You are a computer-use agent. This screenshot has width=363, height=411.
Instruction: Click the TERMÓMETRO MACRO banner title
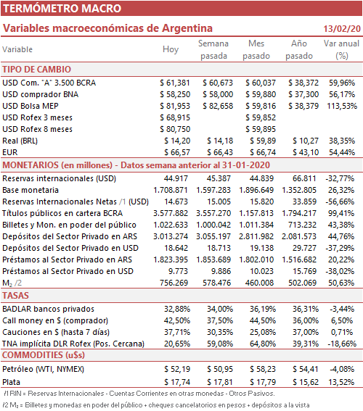[62, 9]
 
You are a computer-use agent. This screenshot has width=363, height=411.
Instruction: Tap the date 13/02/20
[342, 28]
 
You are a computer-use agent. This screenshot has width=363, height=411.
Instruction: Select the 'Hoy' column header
[171, 49]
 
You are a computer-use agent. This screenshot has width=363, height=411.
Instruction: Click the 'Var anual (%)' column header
[341, 49]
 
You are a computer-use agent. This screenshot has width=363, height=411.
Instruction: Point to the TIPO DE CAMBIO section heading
[37, 70]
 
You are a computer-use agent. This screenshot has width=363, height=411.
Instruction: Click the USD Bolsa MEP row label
[30, 106]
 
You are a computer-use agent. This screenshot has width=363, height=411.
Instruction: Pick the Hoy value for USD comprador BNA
[175, 94]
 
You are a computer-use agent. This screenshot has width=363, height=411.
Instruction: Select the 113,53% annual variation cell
[342, 106]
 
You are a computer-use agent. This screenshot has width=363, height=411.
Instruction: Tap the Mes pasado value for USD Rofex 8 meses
[261, 129]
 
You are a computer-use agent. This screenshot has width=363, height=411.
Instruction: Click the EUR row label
[10, 152]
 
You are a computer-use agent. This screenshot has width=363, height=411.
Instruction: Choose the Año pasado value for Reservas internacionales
[304, 178]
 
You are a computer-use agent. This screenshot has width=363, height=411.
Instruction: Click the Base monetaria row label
[30, 190]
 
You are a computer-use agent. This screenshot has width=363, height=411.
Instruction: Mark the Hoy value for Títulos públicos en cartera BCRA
[171, 213]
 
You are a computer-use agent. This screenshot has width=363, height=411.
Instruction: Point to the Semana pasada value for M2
[217, 283]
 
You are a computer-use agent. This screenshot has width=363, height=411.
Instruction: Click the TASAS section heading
[15, 296]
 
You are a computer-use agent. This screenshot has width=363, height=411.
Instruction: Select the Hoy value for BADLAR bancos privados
[177, 309]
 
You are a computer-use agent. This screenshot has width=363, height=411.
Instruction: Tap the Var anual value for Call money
[342, 320]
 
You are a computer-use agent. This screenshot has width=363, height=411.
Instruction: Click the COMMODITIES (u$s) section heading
[44, 355]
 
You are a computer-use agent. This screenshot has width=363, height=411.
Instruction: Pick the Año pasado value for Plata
[305, 382]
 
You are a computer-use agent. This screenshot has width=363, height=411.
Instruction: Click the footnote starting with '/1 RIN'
[139, 394]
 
